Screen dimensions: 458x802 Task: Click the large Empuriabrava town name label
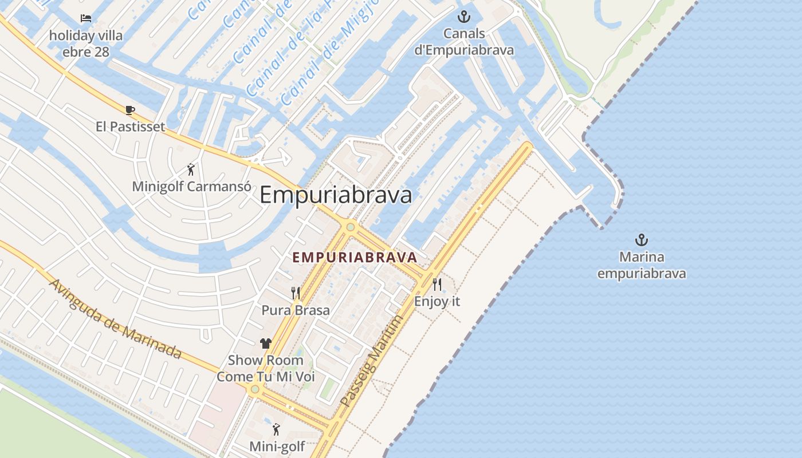point(336,195)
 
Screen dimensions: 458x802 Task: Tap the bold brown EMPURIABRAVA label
point(354,258)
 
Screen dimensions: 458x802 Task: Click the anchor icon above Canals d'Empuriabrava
point(464,17)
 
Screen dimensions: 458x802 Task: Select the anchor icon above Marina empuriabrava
point(642,240)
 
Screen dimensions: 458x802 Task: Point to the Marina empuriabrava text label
point(642,265)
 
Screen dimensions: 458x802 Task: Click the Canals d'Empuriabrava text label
point(464,42)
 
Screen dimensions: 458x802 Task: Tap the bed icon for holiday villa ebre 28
point(86,18)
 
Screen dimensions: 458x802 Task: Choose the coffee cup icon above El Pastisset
point(130,110)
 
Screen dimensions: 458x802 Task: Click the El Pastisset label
point(130,127)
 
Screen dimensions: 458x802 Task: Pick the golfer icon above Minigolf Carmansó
point(191,169)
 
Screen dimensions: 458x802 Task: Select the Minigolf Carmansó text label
point(191,187)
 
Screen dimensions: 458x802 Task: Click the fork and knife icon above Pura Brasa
point(296,293)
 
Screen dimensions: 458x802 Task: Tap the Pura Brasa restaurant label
point(296,310)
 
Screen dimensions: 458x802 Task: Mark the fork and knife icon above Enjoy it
point(437,284)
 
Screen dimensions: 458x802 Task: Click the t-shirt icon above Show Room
point(266,343)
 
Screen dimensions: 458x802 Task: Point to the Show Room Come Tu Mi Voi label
point(266,369)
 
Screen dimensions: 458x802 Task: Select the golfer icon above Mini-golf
point(277,429)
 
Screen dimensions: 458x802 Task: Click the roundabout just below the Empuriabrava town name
point(350,227)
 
